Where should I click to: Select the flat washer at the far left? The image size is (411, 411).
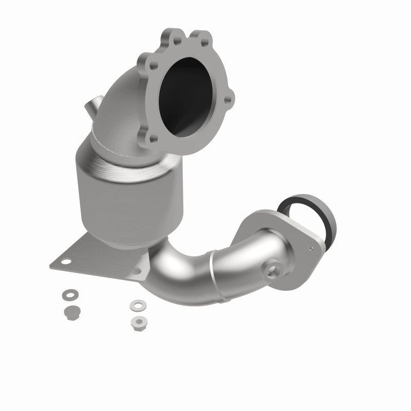pyautogui.click(x=67, y=295)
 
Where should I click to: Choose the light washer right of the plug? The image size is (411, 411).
pyautogui.click(x=136, y=305)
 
